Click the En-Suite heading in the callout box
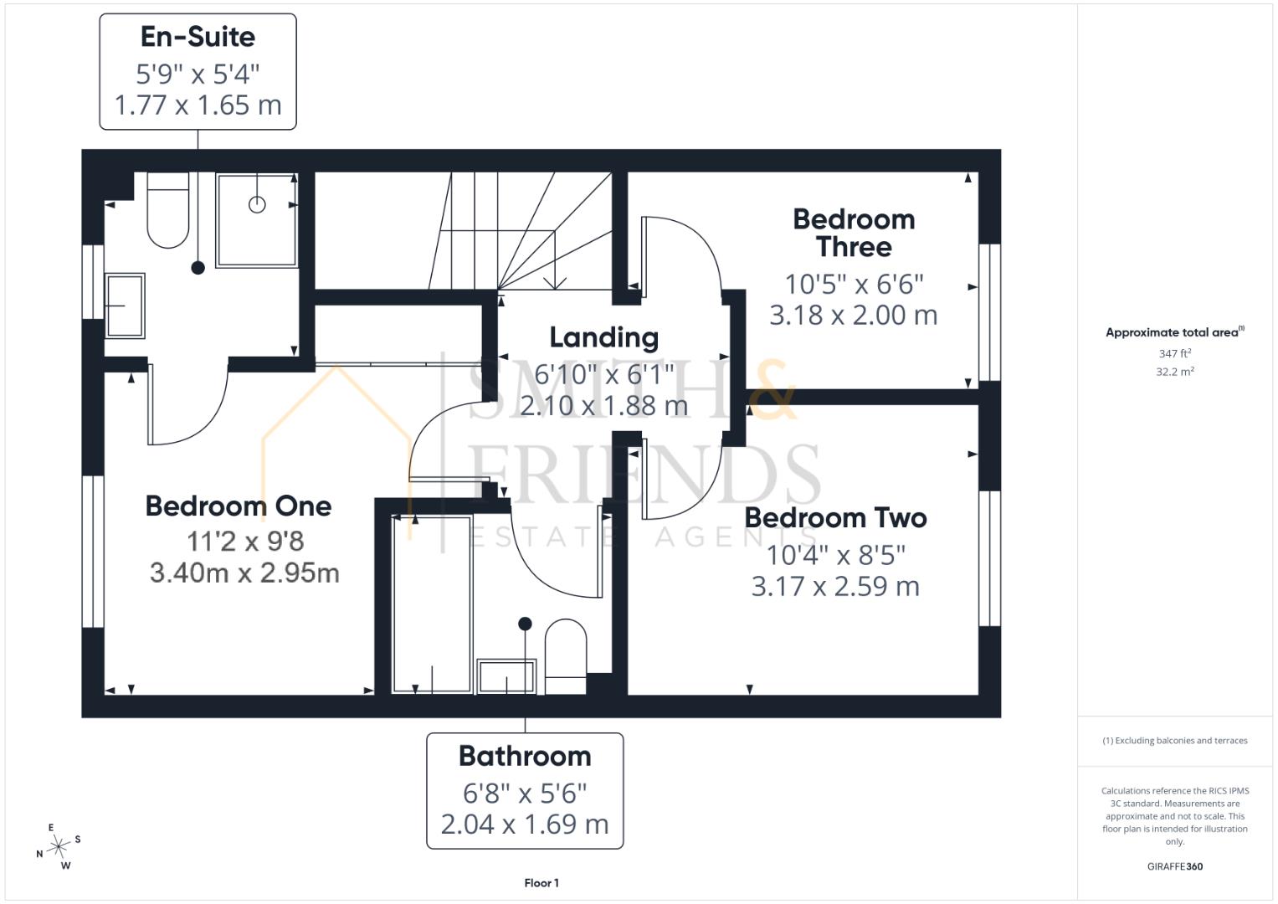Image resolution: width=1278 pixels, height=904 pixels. pos(198,37)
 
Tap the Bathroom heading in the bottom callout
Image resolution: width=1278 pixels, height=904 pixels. pos(525,757)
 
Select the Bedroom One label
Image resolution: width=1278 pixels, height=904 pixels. pos(239,506)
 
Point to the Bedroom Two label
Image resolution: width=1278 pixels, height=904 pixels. pos(835,518)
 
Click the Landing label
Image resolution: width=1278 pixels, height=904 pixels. pos(603,338)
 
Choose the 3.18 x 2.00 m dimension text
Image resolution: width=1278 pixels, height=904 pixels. pos(854,315)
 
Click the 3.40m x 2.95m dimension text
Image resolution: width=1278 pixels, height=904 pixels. pos(244,573)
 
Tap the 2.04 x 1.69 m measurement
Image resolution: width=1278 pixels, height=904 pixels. pos(525,824)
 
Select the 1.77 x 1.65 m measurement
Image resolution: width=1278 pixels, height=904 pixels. pos(198,105)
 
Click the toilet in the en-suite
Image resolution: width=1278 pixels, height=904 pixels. pos(168,210)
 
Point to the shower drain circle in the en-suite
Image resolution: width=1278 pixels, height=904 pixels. pos(257,204)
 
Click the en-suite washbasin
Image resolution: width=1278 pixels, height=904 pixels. pos(125,306)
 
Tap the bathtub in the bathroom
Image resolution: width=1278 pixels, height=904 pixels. pos(432,604)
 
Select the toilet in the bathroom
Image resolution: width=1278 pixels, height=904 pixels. pos(566,656)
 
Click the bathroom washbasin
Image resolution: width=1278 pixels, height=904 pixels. pos(506,677)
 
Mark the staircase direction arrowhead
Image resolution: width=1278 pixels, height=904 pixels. pos(555,283)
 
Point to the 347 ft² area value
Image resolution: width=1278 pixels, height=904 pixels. pos(1175,353)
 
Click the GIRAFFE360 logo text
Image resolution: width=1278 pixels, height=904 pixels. pos(1175,866)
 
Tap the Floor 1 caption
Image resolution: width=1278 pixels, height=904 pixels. pos(541,883)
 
